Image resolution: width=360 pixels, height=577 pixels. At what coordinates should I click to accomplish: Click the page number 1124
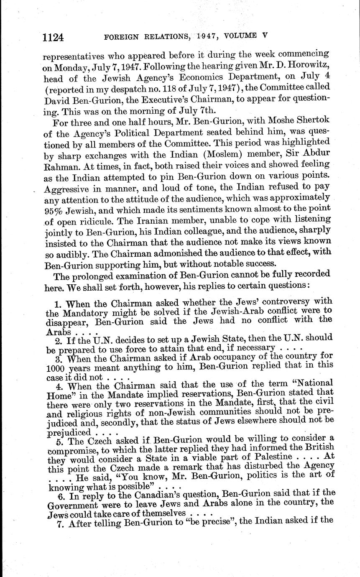point(53,38)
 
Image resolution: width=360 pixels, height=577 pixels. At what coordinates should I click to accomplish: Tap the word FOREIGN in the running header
point(121,37)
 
